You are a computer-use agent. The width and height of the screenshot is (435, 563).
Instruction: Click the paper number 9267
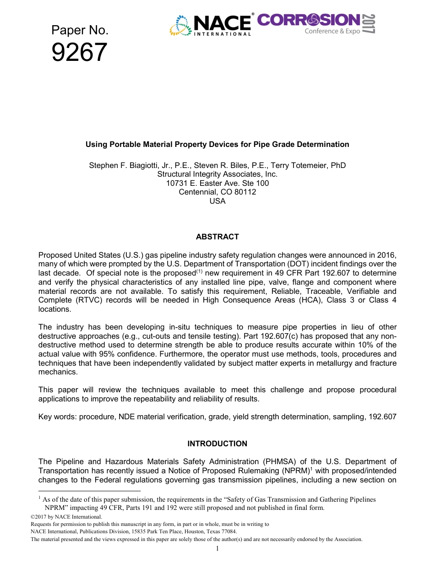coord(79,53)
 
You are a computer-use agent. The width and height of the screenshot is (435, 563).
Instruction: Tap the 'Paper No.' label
coord(80,30)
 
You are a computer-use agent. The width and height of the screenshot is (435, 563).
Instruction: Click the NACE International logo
coord(212,25)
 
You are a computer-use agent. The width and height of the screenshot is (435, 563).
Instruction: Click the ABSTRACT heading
coord(217,237)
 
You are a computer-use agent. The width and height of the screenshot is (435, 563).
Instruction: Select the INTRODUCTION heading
coord(217,444)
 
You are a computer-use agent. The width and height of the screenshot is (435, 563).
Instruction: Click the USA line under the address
coord(217,201)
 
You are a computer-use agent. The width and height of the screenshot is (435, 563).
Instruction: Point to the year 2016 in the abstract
coord(387,255)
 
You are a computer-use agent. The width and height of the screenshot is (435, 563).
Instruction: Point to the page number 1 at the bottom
coord(217,548)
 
